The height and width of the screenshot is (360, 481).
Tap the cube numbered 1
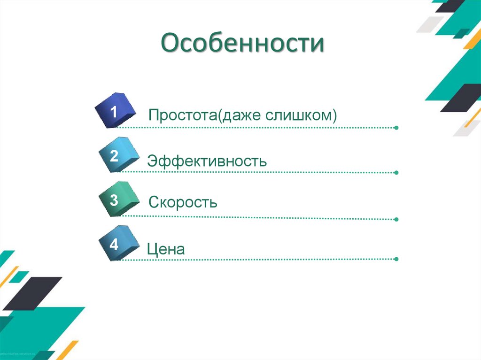(x=115, y=111)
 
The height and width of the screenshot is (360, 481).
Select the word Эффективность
(x=207, y=161)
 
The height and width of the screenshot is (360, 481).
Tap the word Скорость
(x=183, y=203)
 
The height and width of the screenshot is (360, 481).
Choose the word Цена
(x=166, y=249)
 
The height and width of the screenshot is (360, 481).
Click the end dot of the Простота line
(x=396, y=128)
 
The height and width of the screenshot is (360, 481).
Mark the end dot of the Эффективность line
(x=396, y=172)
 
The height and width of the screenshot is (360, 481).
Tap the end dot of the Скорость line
(x=396, y=219)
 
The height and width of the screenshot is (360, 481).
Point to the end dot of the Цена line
(x=396, y=259)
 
